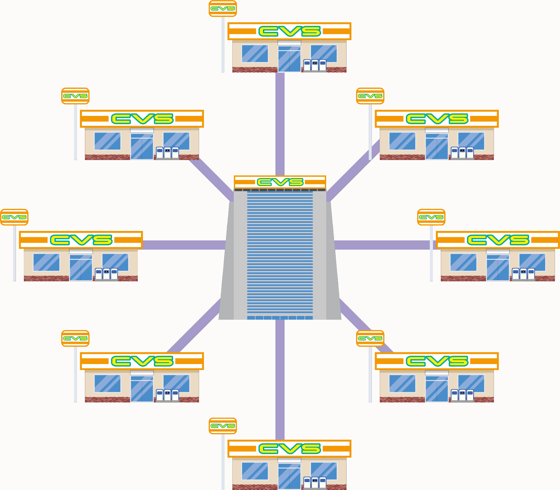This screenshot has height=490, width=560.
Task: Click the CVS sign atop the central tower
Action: (280, 182)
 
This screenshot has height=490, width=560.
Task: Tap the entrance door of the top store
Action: (289, 59)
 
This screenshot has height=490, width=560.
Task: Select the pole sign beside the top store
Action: (223, 9)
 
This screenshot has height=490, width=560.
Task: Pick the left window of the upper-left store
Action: (107, 141)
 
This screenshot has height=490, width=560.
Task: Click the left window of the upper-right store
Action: (402, 141)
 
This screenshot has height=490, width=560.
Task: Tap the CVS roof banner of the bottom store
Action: (289, 449)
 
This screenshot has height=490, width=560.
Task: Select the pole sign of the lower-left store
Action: (75, 338)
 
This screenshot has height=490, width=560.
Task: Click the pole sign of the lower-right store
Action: (370, 338)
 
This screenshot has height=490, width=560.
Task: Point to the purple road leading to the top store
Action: (280, 123)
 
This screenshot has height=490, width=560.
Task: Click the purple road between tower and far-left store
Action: (183, 245)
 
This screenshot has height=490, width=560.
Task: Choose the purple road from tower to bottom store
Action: (280, 380)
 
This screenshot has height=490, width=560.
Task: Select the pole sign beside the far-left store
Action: (14, 217)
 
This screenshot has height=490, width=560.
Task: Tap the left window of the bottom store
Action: (255, 471)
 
